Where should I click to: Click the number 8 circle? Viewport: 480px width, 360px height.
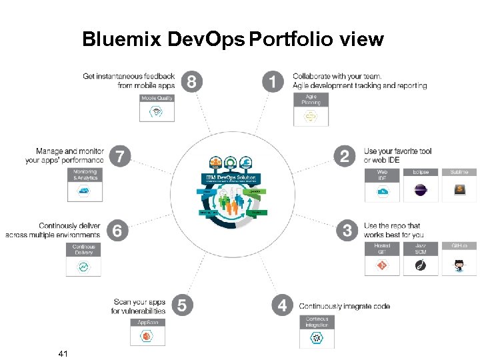192,83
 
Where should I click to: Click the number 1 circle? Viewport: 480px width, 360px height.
272,83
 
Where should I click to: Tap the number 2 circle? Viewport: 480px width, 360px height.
345,157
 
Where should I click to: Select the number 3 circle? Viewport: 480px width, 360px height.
347,231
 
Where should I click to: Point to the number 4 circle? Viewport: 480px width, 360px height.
283,305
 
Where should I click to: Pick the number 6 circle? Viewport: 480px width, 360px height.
117,231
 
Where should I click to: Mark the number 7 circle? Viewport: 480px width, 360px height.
120,157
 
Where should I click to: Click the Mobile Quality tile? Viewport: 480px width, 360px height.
157,107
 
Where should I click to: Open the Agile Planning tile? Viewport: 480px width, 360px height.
311,109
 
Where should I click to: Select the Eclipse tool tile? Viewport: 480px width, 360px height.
421,185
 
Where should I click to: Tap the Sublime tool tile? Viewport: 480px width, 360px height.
459,185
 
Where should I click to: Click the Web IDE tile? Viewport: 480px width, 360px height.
382,185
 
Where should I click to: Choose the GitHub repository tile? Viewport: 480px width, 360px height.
459,259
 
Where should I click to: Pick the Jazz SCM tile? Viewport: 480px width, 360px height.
421,259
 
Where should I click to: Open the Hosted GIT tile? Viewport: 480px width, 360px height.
382,259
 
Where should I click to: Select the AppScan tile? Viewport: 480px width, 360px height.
147,332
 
